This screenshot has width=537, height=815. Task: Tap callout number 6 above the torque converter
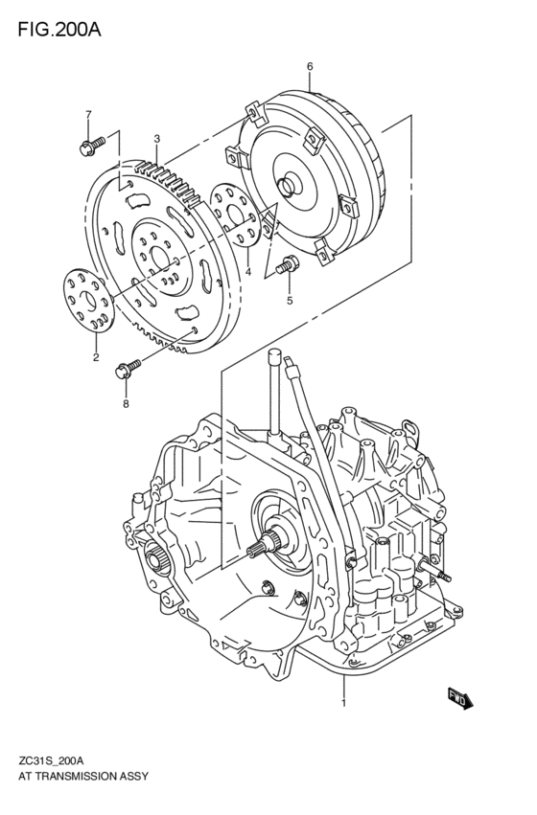click(x=310, y=65)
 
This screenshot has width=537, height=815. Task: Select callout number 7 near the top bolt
click(x=88, y=114)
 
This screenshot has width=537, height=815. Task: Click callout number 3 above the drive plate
click(x=156, y=139)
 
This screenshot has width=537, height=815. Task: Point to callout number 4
click(x=247, y=273)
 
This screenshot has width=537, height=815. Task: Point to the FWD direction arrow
click(x=460, y=699)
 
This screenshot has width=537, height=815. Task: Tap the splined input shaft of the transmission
click(x=260, y=549)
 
